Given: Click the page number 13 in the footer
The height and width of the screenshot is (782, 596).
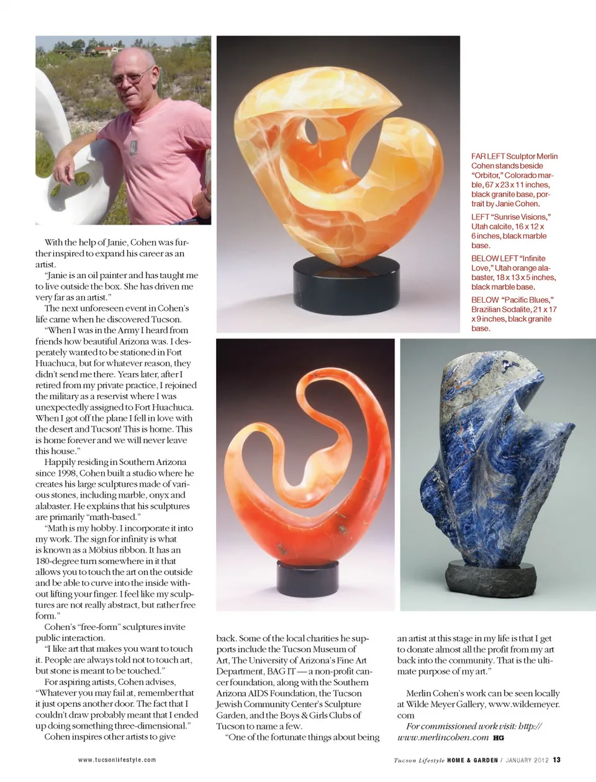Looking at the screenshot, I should [x=557, y=760].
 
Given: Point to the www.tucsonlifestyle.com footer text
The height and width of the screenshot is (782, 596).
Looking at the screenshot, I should [x=117, y=760].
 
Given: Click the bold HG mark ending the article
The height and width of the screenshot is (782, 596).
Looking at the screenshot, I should [x=499, y=738].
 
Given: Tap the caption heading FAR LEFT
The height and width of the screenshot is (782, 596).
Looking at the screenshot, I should [x=488, y=156].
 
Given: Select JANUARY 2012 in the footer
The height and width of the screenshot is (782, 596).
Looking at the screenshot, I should [x=526, y=760].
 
